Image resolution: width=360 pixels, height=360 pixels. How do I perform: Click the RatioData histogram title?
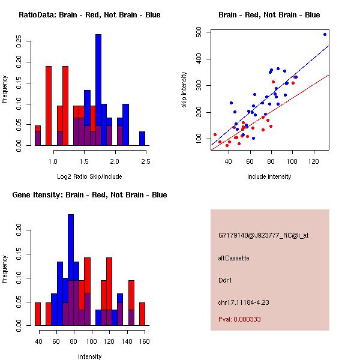pos(89,15)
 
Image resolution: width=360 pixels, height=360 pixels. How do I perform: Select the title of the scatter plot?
pos(269,15)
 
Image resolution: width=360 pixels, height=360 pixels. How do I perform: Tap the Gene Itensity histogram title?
pos(89,195)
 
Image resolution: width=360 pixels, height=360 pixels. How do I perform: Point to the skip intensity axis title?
pos(184,90)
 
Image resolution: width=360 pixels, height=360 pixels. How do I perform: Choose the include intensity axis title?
pos(269,176)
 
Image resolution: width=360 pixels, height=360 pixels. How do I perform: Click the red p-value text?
pos(239,319)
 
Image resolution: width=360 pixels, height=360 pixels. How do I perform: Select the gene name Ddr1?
pos(226,280)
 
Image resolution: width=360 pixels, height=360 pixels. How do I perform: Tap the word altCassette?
pos(233,258)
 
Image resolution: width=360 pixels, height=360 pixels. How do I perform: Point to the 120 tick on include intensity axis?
pos(314,161)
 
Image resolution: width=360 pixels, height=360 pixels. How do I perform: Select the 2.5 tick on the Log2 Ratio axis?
pos(145,161)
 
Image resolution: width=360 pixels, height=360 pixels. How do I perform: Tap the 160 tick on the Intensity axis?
pos(143,341)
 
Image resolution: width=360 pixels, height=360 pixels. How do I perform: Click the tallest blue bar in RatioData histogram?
pos(98,90)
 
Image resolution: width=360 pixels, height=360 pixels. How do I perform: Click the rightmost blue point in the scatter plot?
pos(325,34)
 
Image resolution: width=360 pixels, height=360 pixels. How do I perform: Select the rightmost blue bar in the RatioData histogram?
pos(142,139)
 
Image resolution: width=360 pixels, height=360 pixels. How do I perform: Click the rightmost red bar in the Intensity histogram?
pos(142,314)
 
